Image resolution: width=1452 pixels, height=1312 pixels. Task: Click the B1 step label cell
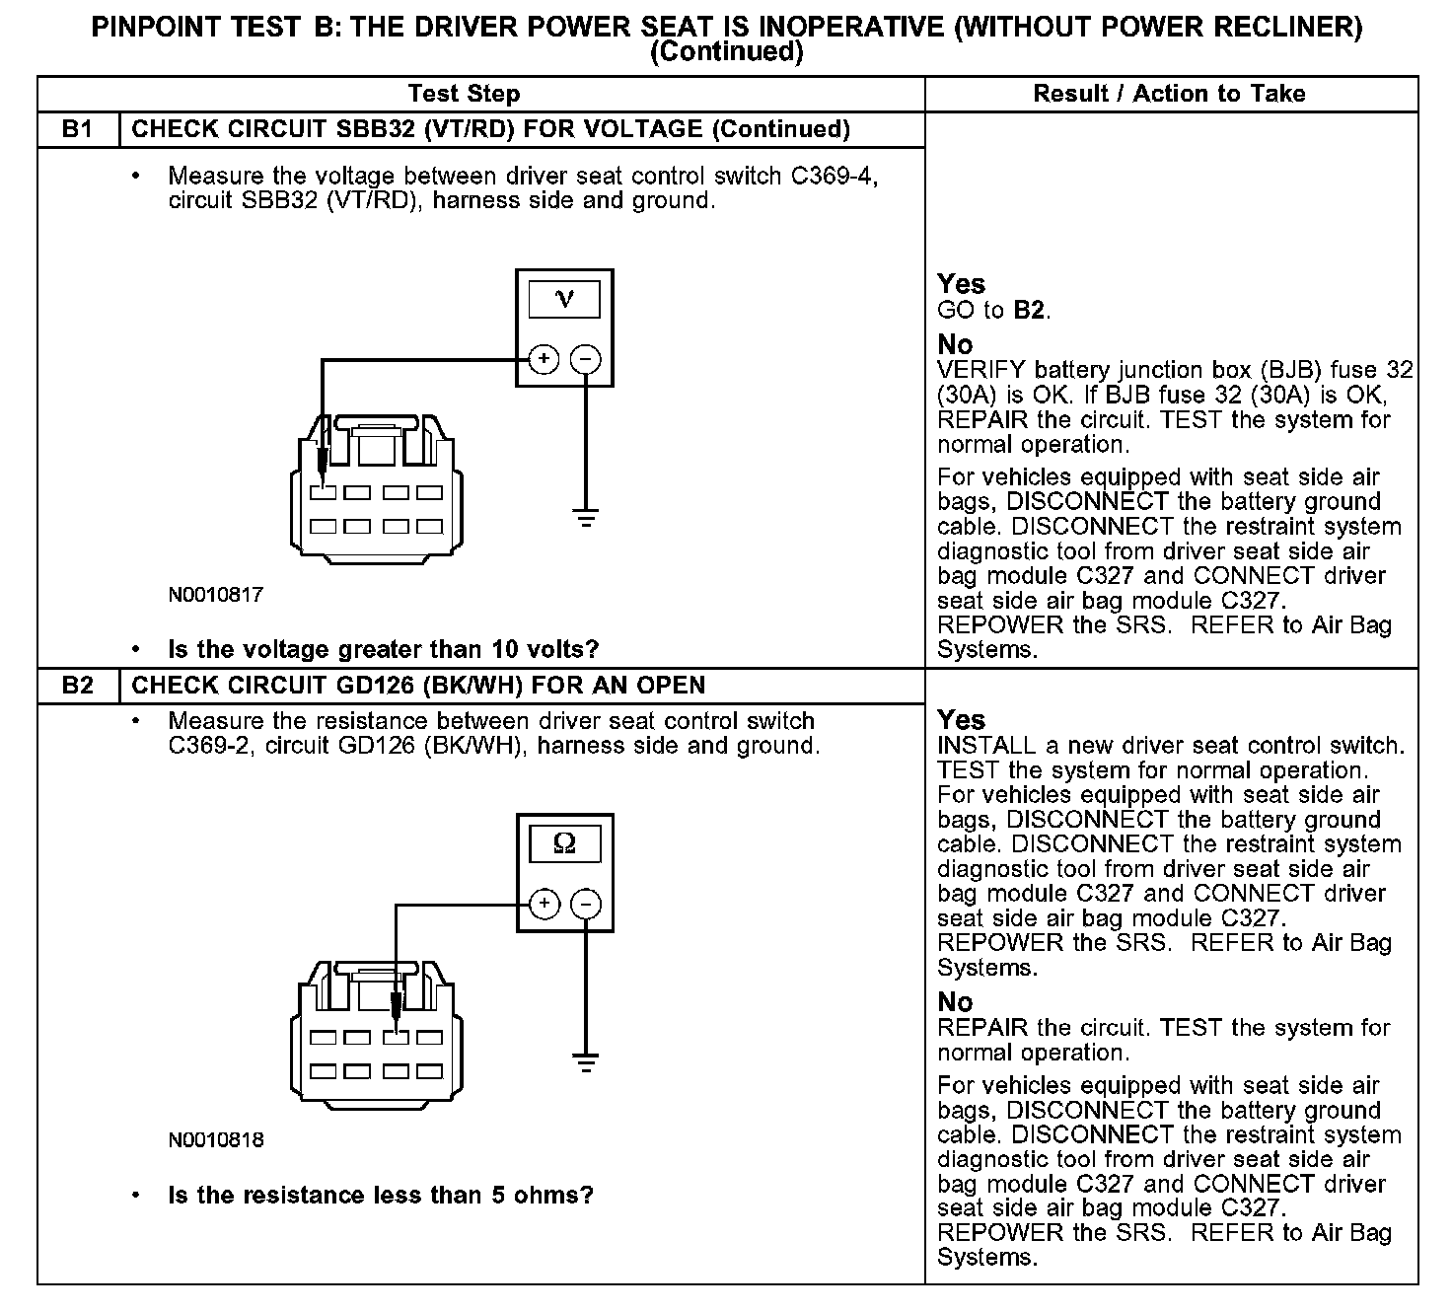[77, 129]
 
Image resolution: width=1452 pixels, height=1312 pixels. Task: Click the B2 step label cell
[77, 686]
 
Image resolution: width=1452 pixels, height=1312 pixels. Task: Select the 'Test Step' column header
[464, 94]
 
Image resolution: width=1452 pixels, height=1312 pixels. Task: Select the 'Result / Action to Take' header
[1169, 94]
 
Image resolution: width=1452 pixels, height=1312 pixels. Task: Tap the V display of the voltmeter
[564, 299]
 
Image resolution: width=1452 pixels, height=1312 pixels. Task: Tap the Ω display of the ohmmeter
[564, 843]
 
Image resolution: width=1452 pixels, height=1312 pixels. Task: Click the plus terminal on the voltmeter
[544, 359]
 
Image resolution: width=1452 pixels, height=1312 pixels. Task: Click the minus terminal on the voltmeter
[586, 359]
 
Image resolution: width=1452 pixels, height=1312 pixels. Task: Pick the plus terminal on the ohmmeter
[544, 904]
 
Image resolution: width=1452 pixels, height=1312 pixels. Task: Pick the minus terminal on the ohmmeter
[586, 904]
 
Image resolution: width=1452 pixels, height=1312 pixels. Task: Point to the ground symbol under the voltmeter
[586, 517]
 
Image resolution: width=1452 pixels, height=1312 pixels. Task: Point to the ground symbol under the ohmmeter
[586, 1061]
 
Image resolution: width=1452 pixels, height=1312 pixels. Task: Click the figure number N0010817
[215, 595]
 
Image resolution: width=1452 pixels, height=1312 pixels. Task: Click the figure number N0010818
[215, 1140]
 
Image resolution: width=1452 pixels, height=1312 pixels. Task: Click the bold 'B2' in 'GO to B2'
[1028, 311]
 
